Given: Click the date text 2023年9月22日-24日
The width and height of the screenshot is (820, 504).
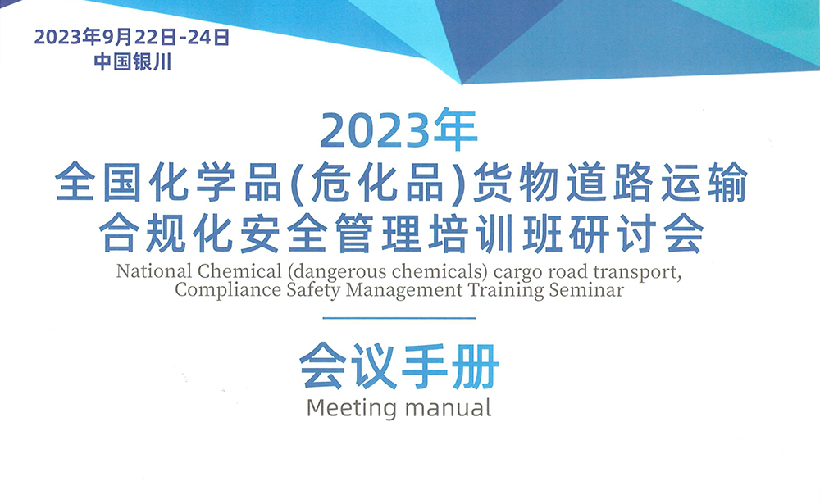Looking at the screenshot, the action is (132, 37).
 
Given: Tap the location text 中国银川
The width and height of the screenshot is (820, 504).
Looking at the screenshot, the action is (133, 62).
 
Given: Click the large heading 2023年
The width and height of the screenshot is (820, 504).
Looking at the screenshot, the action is (399, 129).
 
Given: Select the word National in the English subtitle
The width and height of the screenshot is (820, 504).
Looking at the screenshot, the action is (154, 270).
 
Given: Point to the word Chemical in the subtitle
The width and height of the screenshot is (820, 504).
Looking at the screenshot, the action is (239, 270).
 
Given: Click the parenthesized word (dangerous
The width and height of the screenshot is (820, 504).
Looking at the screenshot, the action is (337, 272).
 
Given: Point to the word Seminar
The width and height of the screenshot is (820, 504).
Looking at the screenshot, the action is (586, 289).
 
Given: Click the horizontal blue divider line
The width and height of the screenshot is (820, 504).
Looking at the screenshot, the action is (399, 318).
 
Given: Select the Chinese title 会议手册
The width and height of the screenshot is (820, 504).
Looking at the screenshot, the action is (399, 366).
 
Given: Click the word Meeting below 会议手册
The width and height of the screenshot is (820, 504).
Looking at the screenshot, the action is (352, 408).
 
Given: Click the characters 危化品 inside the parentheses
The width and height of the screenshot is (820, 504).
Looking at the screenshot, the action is (376, 183).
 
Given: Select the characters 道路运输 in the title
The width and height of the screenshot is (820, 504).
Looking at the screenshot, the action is (657, 183).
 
